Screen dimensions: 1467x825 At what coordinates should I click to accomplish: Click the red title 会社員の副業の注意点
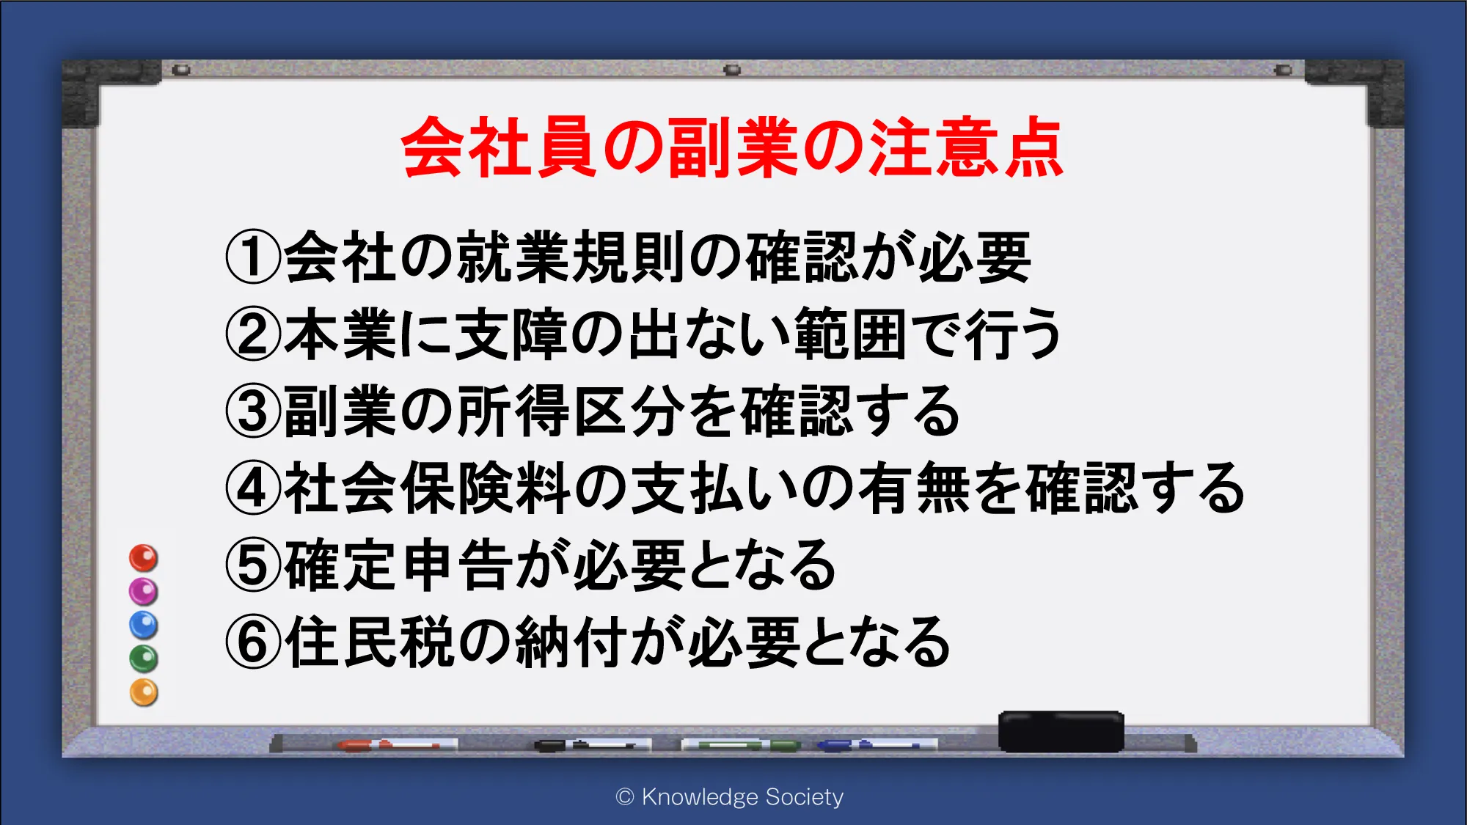(x=732, y=147)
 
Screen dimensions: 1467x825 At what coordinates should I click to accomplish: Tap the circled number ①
(x=253, y=257)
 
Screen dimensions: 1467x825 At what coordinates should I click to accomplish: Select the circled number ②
(x=253, y=334)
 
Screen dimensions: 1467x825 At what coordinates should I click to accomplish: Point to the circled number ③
(x=253, y=411)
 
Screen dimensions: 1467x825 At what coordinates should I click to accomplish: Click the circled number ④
(x=253, y=488)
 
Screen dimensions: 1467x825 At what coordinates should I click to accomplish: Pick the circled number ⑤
(x=253, y=565)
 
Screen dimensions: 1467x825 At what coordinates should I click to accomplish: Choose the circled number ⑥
(x=253, y=642)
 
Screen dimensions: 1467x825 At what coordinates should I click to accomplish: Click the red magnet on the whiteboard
(x=144, y=558)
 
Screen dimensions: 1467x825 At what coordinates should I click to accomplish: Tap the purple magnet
(x=144, y=591)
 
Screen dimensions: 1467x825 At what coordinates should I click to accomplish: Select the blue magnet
(x=144, y=625)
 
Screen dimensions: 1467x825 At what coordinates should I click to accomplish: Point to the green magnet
(x=144, y=659)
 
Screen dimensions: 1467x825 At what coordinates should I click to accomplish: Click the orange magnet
(x=144, y=692)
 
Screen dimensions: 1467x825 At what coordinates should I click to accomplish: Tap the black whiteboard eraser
(x=1061, y=731)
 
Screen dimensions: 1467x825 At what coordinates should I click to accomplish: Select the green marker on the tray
(x=741, y=745)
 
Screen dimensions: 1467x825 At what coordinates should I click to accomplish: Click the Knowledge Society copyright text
(x=730, y=796)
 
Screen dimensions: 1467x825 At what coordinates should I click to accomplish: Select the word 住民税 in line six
(x=370, y=642)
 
